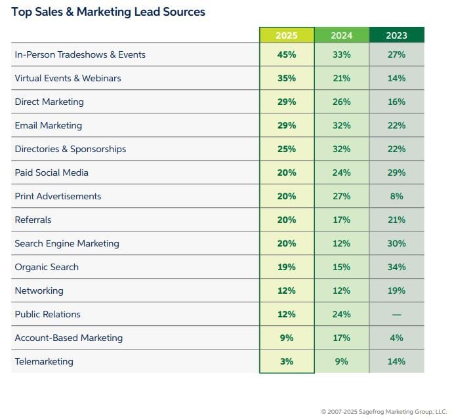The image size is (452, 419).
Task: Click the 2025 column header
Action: click(286, 35)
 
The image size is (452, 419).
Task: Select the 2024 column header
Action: click(341, 35)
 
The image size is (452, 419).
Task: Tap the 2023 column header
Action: click(396, 35)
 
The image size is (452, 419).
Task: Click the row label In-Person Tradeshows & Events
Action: click(80, 55)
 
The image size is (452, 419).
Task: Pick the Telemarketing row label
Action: click(44, 362)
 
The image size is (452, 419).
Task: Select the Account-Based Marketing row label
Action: click(69, 338)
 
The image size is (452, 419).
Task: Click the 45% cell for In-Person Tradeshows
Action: click(286, 55)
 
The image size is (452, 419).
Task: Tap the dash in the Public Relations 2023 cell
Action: click(396, 315)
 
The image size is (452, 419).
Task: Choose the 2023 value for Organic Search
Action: click(396, 268)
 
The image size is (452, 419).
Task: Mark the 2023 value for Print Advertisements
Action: click(396, 197)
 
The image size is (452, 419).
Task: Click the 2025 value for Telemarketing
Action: click(286, 362)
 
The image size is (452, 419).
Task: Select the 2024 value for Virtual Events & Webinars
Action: click(341, 79)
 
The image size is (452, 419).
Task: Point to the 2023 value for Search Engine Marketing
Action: click(396, 244)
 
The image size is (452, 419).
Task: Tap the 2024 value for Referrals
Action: click(341, 220)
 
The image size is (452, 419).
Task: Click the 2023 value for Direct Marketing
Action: click(396, 102)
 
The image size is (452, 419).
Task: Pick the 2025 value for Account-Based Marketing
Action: click(286, 338)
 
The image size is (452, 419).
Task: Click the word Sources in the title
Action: click(184, 12)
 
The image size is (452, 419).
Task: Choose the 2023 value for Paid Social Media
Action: click(396, 173)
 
